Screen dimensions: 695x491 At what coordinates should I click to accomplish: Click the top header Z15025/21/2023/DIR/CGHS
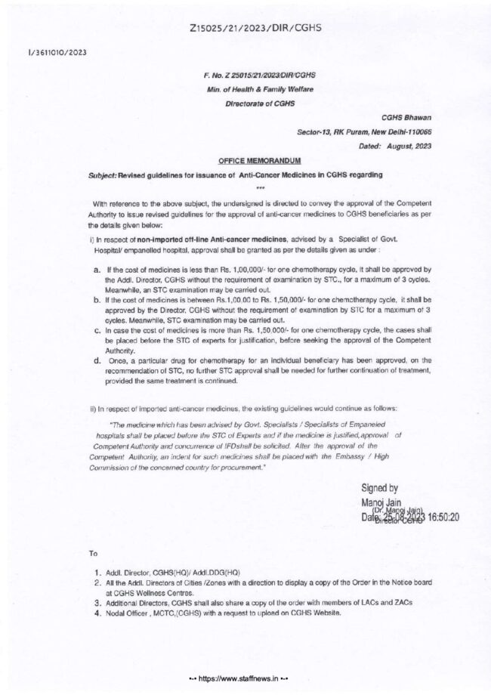[x=246, y=27]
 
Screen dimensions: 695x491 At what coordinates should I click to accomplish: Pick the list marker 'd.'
[x=94, y=362]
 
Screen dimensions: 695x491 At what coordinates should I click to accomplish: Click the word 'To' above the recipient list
[x=92, y=554]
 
